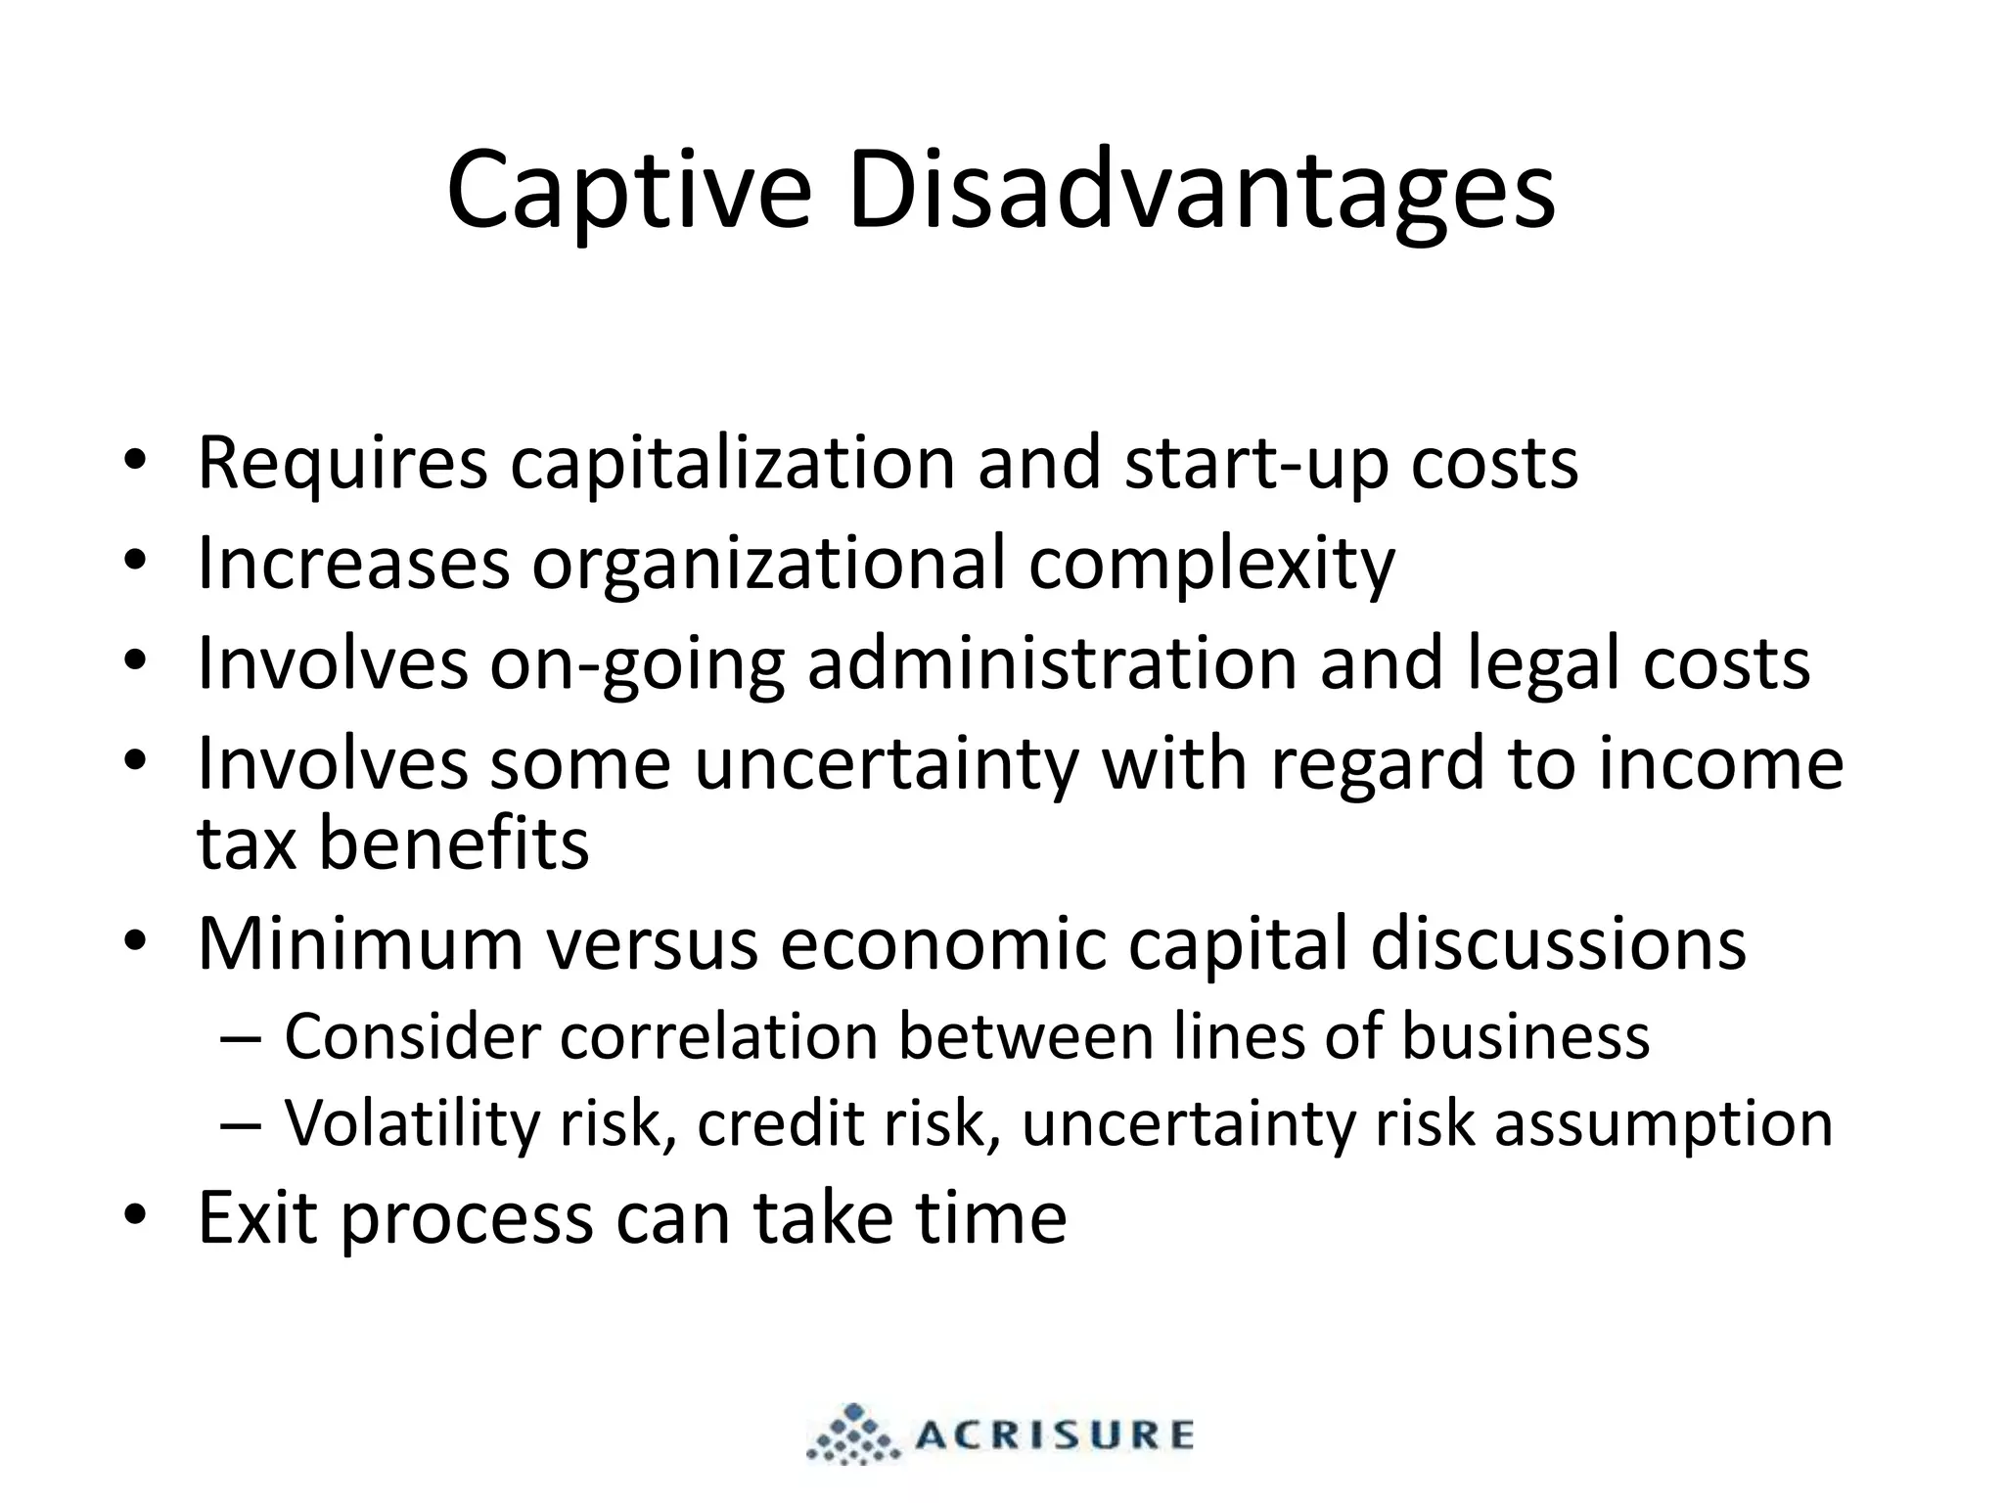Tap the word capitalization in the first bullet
pyautogui.click(x=732, y=464)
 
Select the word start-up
pyautogui.click(x=1255, y=464)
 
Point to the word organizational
pyautogui.click(x=768, y=565)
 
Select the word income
pyautogui.click(x=1721, y=764)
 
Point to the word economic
pyautogui.click(x=943, y=943)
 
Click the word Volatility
pyautogui.click(x=411, y=1122)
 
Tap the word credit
pyautogui.click(x=780, y=1122)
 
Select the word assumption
pyautogui.click(x=1662, y=1124)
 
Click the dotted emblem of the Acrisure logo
pyautogui.click(x=852, y=1435)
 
